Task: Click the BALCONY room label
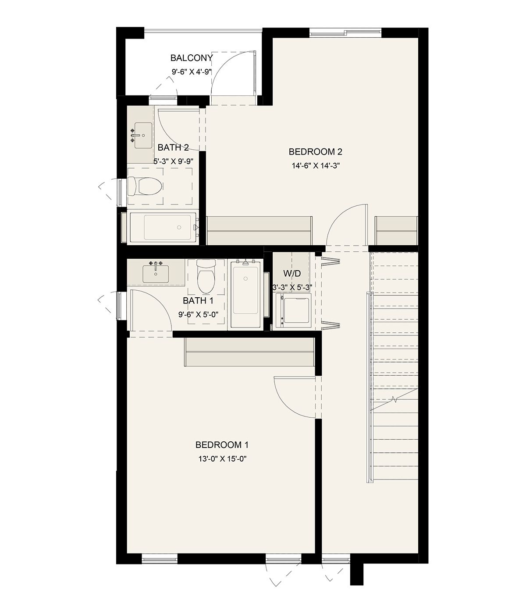[x=192, y=58]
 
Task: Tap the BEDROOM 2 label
[x=315, y=152]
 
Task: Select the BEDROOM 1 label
[x=222, y=445]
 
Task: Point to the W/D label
[x=292, y=273]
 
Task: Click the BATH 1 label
[x=198, y=301]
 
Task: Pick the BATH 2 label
[x=173, y=147]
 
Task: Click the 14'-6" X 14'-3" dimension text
[x=316, y=166]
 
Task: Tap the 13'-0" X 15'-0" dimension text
[x=222, y=459]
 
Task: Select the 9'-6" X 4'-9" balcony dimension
[x=192, y=72]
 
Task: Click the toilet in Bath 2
[x=145, y=186]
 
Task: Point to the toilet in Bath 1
[x=206, y=276]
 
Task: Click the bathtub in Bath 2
[x=163, y=227]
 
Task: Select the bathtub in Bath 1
[x=246, y=294]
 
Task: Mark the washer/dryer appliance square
[x=293, y=310]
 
